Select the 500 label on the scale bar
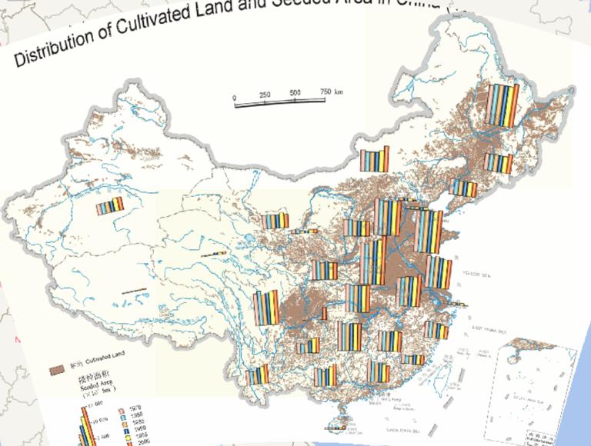pyautogui.click(x=295, y=93)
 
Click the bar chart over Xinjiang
pyautogui.click(x=109, y=205)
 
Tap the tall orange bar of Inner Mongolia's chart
pyautogui.click(x=388, y=158)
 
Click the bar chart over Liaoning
pyautogui.click(x=463, y=188)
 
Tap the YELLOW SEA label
pyautogui.click(x=476, y=275)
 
